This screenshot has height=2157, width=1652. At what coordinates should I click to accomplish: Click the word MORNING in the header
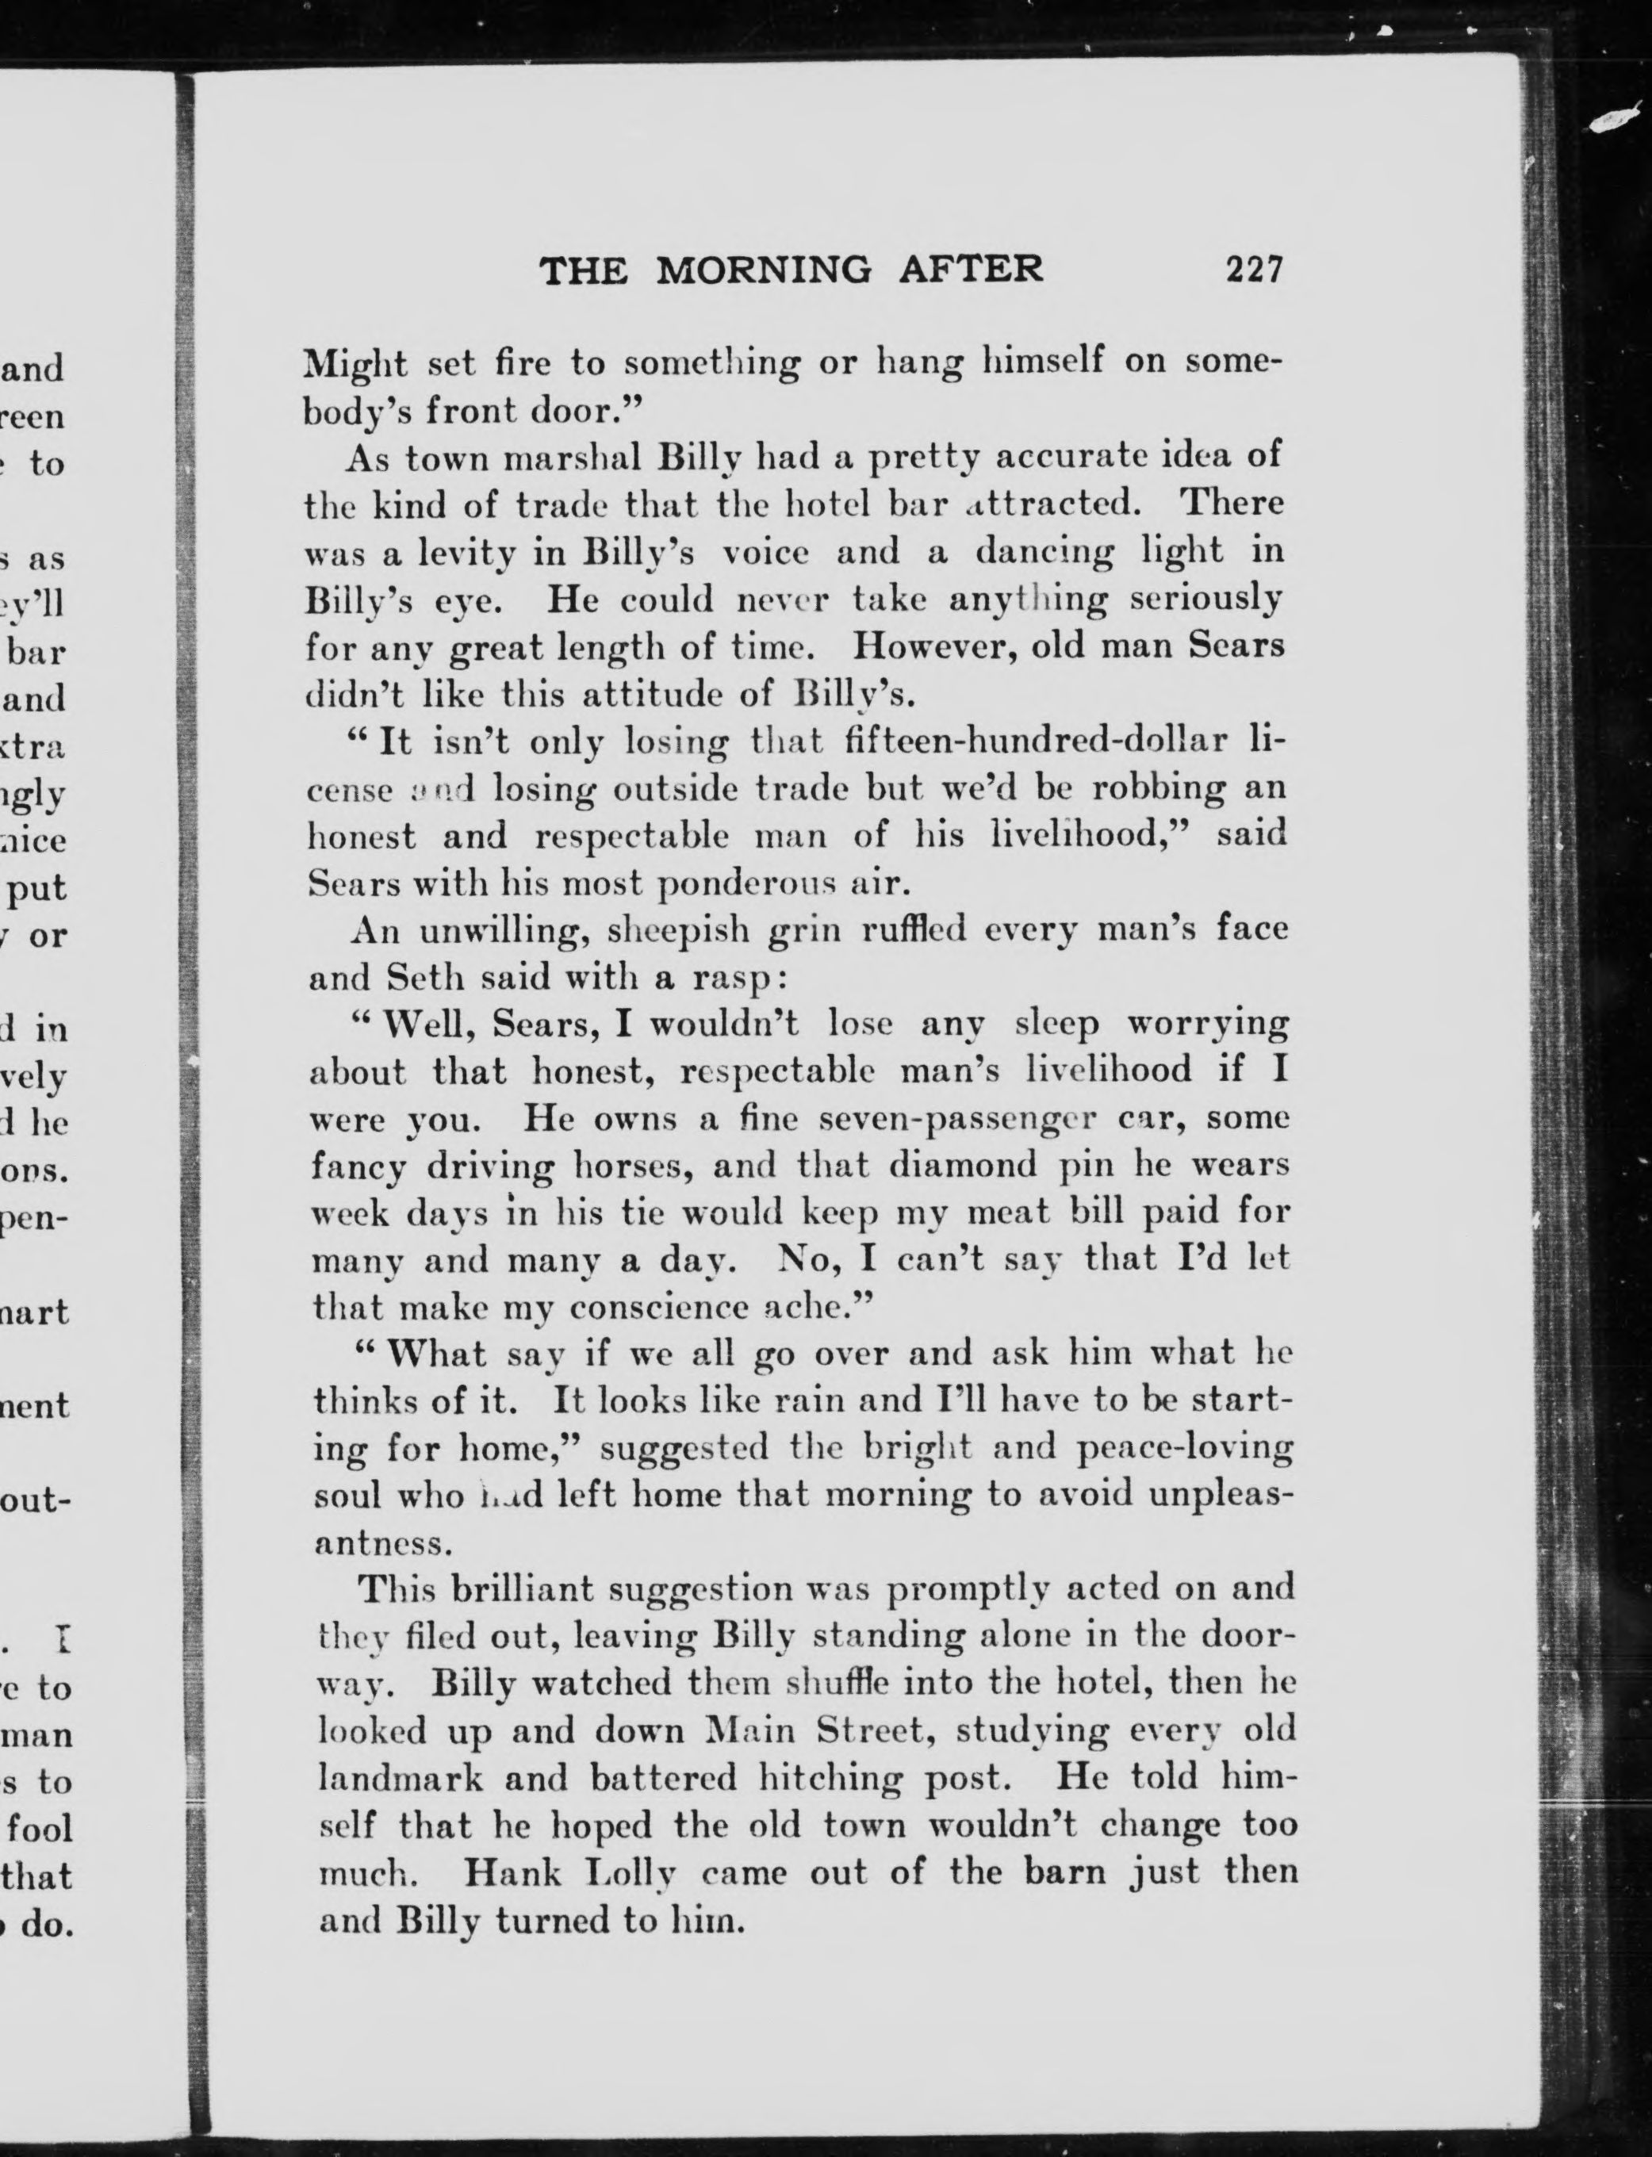tap(763, 270)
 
